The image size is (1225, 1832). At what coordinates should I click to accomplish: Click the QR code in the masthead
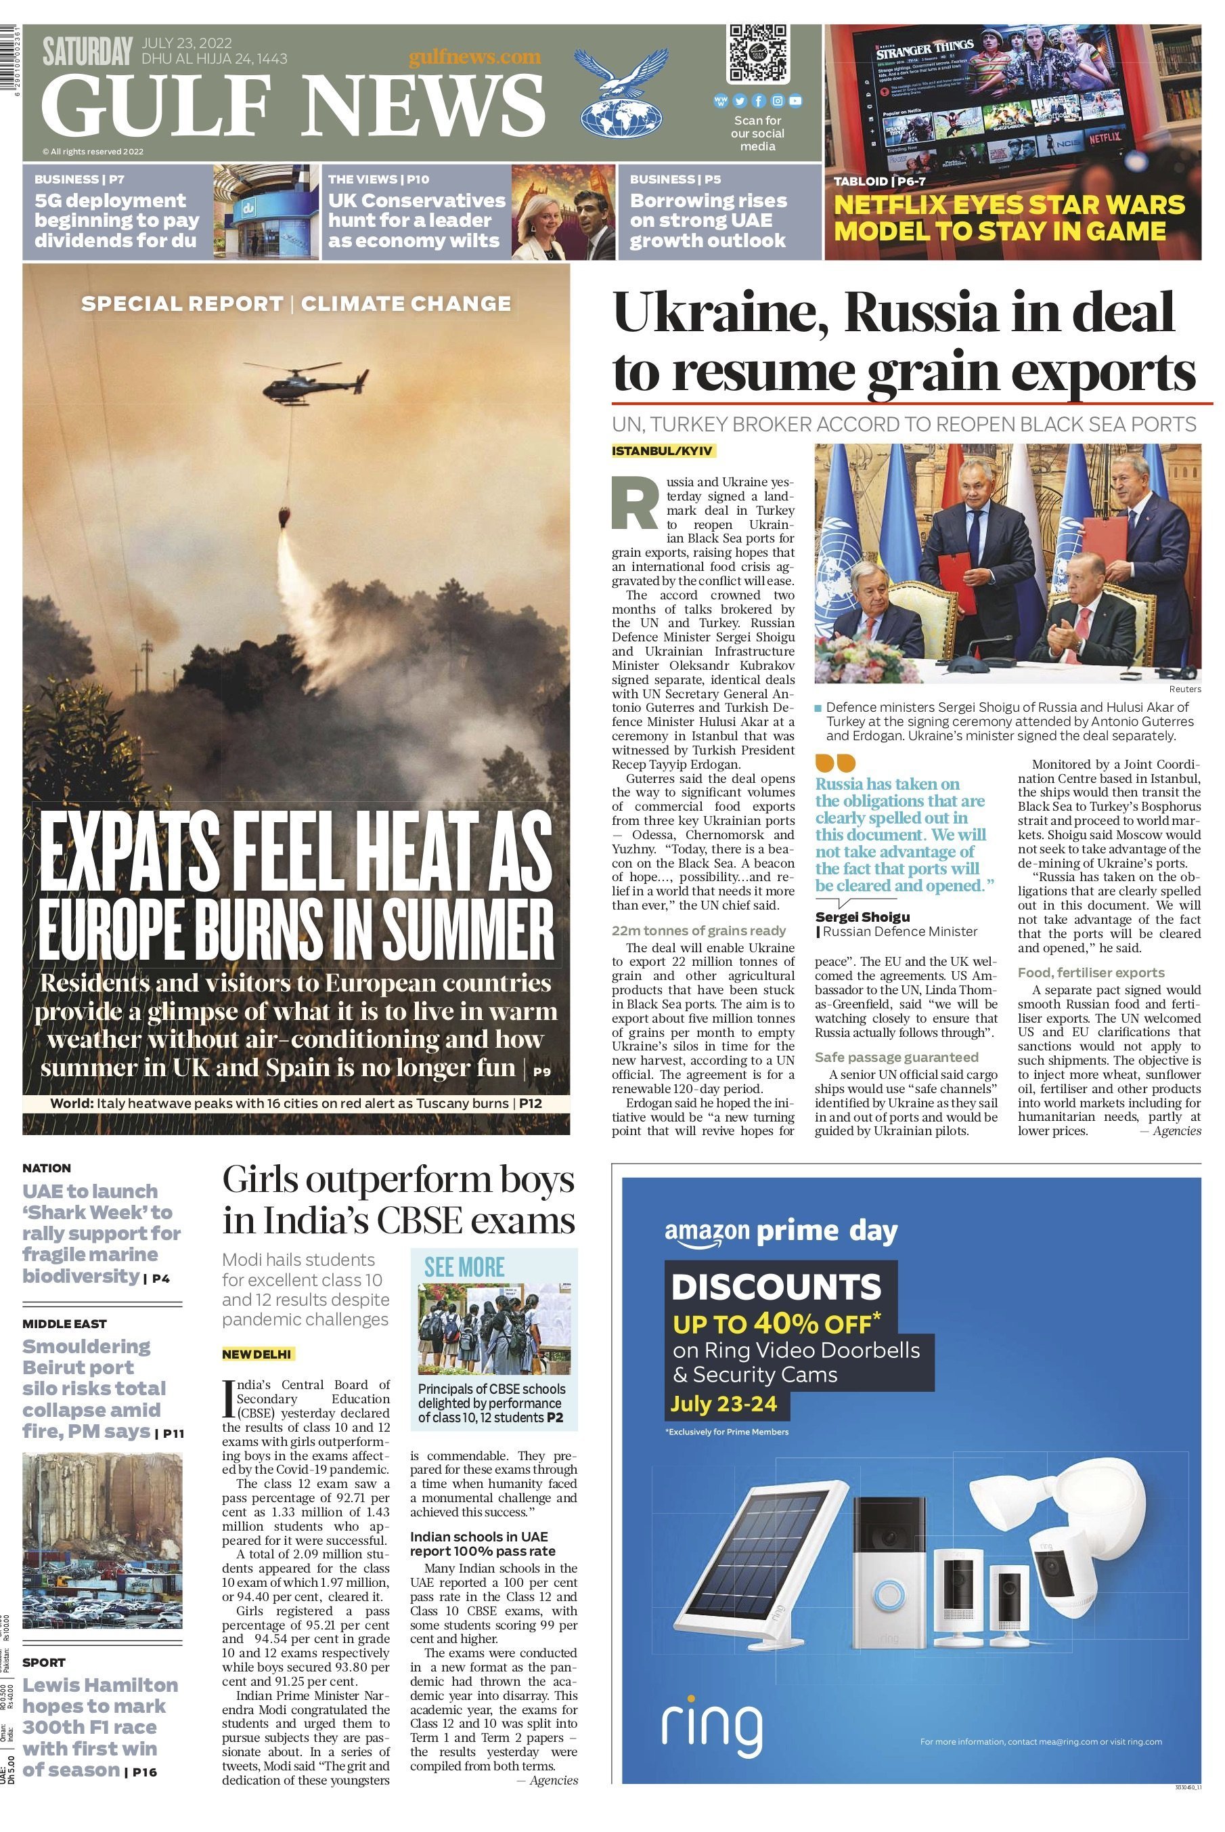[757, 53]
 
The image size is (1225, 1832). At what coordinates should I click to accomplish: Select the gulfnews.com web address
[474, 56]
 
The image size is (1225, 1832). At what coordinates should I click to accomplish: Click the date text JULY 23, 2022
[186, 43]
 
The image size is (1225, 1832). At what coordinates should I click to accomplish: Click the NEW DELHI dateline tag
[258, 1354]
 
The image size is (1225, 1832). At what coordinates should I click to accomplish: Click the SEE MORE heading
[464, 1268]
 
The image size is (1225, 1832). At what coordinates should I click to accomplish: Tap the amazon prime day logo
[780, 1232]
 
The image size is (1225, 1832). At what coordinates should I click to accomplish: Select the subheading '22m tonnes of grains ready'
[698, 930]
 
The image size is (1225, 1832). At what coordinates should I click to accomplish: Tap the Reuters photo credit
[1184, 689]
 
